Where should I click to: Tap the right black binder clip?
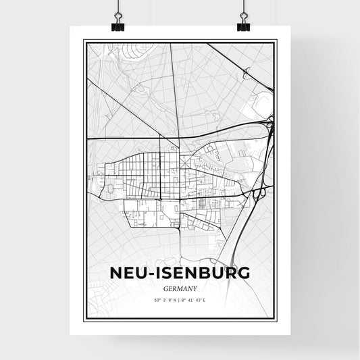[242, 20]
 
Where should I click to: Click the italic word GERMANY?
[180, 286]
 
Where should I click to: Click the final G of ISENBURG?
[242, 272]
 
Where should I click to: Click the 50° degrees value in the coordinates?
[157, 299]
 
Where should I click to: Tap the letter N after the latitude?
[174, 299]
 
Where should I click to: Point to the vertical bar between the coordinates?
[179, 299]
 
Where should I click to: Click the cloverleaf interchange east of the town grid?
[259, 192]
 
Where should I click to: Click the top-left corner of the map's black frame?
[84, 41]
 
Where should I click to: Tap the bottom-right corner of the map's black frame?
[276, 319]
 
